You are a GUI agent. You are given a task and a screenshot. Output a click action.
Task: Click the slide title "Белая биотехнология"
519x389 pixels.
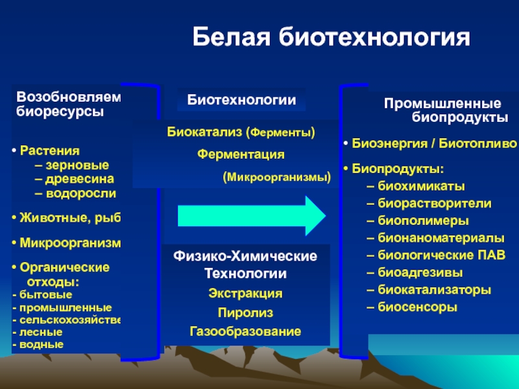point(331,38)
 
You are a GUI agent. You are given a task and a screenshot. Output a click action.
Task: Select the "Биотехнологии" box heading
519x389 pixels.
point(242,100)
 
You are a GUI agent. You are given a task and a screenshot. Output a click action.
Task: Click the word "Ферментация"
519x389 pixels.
point(241,154)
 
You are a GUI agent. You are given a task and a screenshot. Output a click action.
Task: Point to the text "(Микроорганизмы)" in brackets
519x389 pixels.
point(276,176)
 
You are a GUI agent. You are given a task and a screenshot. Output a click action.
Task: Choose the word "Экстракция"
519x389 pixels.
point(245,294)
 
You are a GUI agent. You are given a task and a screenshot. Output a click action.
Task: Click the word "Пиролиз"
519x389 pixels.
point(245,313)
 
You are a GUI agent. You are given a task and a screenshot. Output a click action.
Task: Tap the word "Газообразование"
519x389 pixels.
point(245,332)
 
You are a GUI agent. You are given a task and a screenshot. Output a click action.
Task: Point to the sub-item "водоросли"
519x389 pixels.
point(80,193)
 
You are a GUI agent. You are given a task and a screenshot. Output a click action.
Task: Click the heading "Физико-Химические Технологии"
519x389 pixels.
point(245,265)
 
